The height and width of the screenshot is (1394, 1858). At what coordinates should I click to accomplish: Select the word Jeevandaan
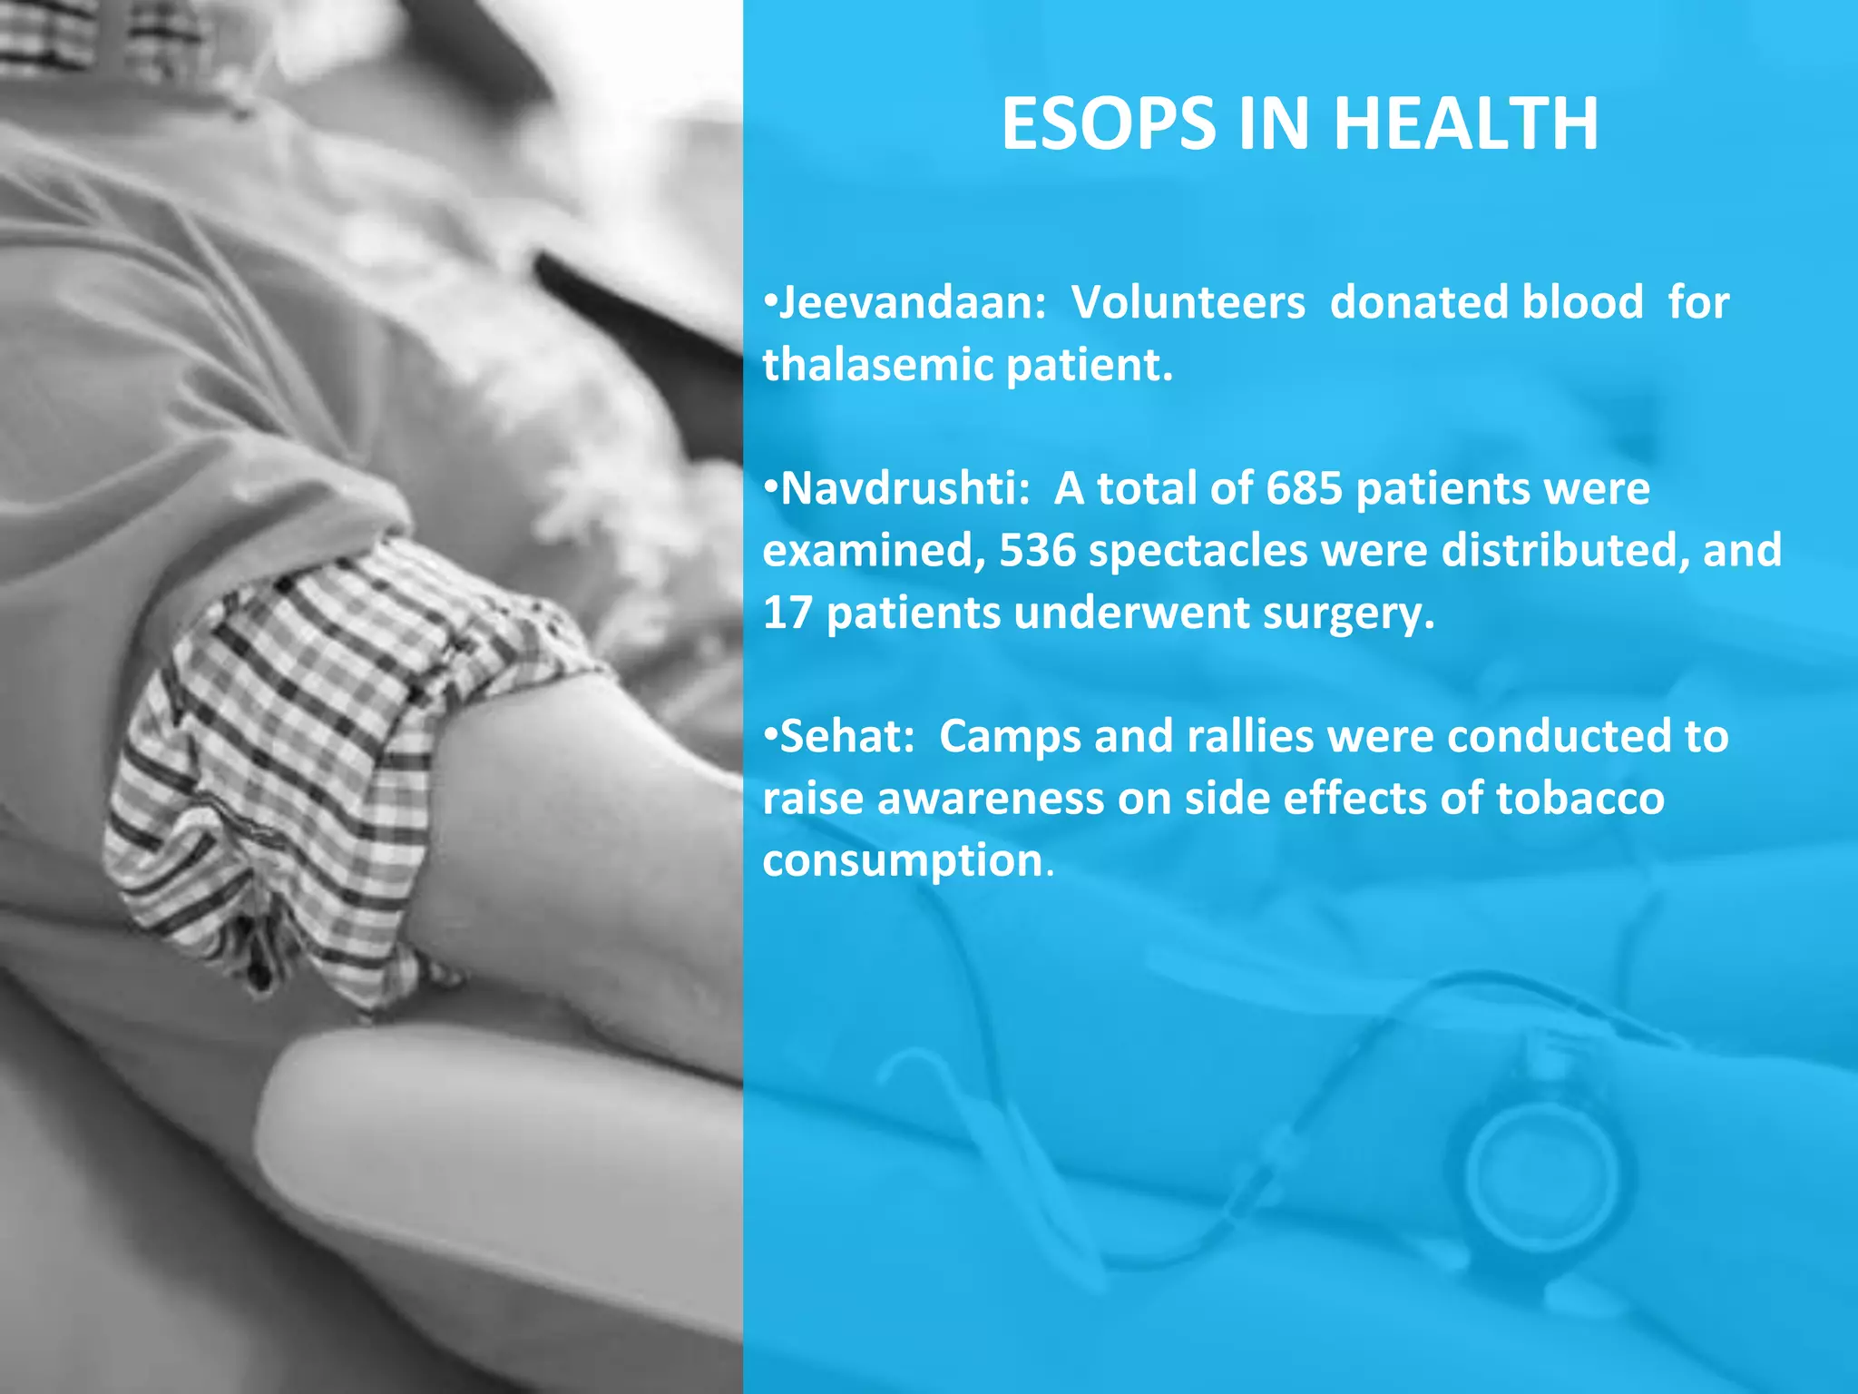(x=913, y=302)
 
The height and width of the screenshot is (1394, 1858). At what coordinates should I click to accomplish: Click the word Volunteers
(x=1188, y=302)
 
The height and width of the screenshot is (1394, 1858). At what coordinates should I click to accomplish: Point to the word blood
(x=1582, y=302)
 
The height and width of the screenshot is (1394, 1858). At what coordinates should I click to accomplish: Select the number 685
(x=1304, y=488)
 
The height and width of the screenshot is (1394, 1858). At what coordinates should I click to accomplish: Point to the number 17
(x=787, y=613)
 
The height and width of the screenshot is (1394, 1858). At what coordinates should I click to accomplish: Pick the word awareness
(x=990, y=799)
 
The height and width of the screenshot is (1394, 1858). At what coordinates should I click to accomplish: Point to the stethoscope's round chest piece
(x=1540, y=1171)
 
